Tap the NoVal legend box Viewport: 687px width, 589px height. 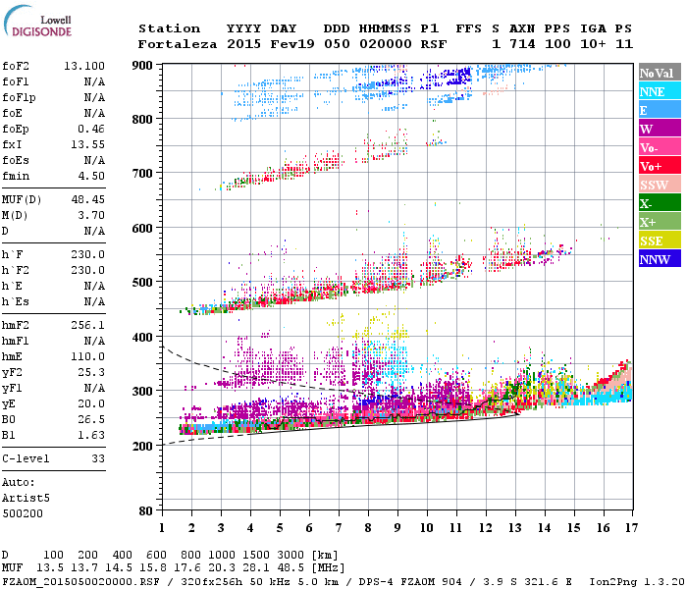coord(660,73)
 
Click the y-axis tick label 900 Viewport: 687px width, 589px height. coord(144,65)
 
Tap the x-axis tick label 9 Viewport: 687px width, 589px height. coord(397,527)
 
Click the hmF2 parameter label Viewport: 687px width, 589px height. coord(20,324)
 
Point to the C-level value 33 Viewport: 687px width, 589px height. coord(98,457)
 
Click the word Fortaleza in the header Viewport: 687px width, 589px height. coord(177,44)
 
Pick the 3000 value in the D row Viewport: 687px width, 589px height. coord(290,555)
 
